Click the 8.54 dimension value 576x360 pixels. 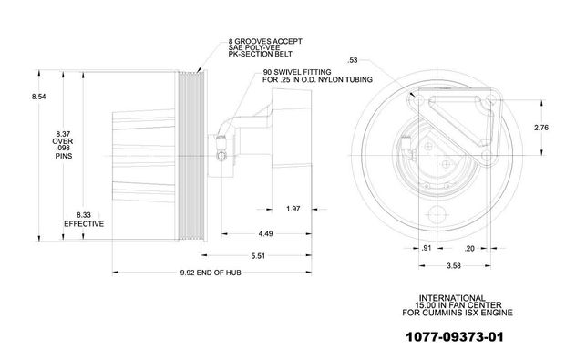38,97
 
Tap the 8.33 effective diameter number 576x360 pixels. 84,215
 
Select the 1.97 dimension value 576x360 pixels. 293,209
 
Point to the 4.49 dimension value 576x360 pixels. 265,233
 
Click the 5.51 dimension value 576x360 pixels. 258,256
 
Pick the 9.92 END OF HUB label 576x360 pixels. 211,273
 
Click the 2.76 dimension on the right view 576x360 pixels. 541,128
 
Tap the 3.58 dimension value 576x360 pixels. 454,265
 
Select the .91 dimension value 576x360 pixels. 427,248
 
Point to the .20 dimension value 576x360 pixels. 469,249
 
